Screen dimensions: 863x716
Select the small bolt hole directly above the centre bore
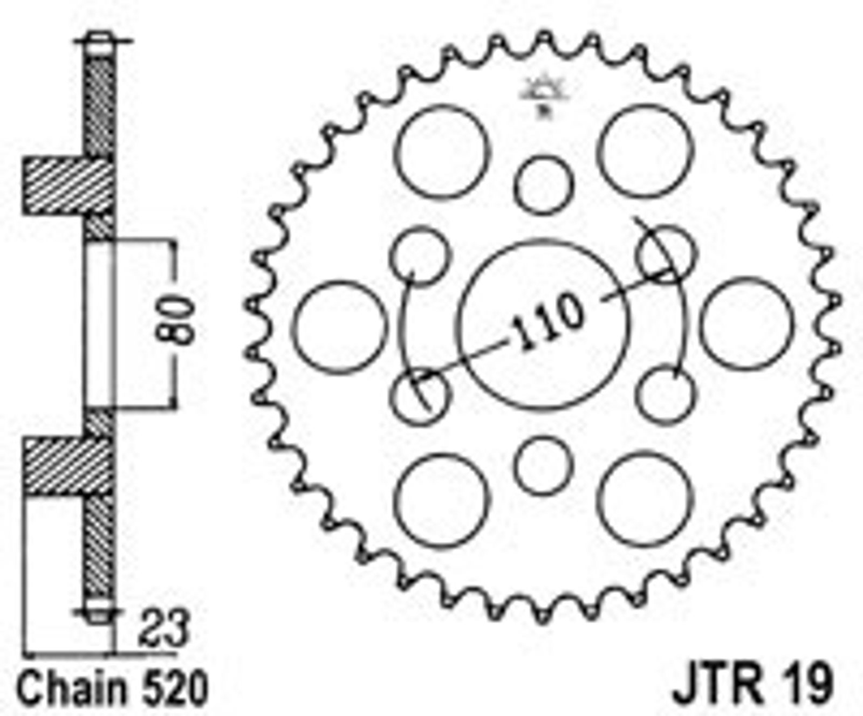click(x=543, y=185)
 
